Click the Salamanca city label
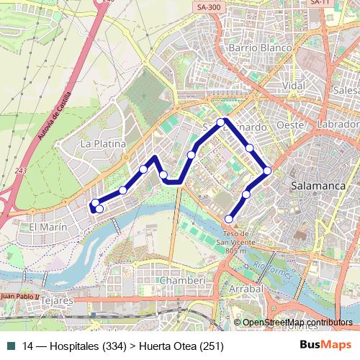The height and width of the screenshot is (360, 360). tap(318, 185)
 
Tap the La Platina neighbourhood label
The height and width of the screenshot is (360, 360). tap(103, 144)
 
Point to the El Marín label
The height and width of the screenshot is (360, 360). tap(48, 227)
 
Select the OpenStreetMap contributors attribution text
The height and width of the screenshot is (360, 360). tap(297, 323)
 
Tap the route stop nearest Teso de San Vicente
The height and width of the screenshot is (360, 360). tap(229, 219)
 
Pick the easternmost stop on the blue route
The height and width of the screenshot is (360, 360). tap(267, 171)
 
